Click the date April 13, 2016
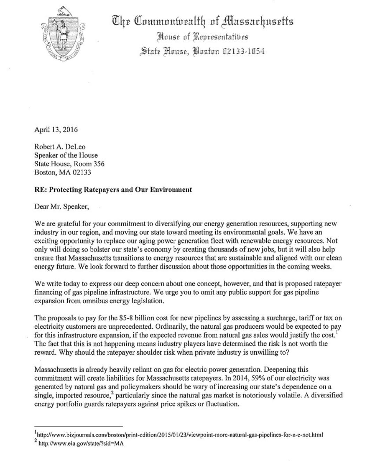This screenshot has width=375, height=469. [56, 130]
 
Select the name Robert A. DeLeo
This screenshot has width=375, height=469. [60, 147]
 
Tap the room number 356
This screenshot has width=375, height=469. [99, 164]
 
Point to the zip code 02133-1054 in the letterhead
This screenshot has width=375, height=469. [243, 51]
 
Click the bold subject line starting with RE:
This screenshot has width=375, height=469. [113, 190]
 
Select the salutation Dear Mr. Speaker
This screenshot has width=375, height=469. [61, 207]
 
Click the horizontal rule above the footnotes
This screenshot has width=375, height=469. [78, 426]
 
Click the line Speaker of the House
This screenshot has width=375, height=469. [66, 155]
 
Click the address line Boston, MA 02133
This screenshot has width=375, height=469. [63, 172]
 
